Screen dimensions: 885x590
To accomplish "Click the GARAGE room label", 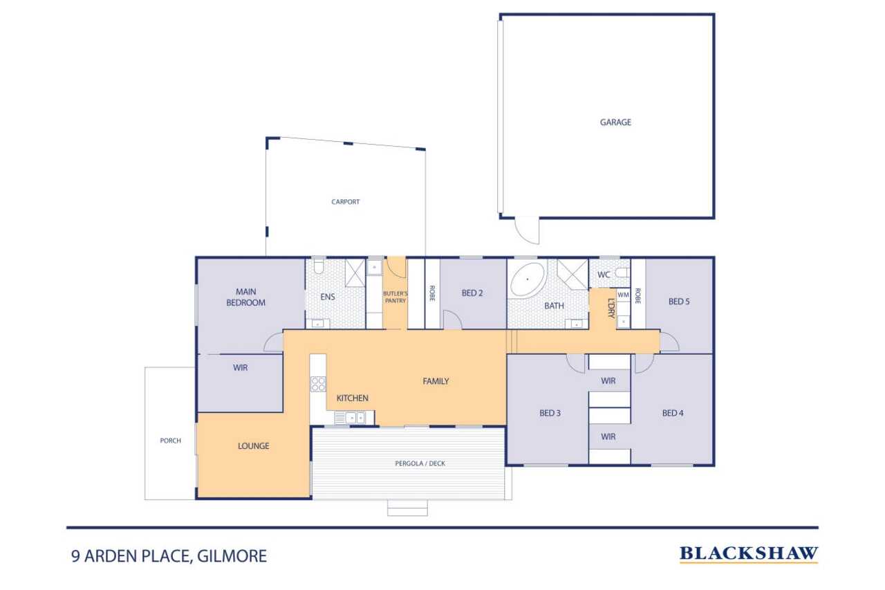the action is [x=615, y=122].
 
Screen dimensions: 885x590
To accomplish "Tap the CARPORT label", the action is [x=345, y=202].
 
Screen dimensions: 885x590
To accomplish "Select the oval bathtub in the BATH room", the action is [x=528, y=279].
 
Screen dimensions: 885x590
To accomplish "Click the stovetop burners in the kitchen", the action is [x=318, y=384].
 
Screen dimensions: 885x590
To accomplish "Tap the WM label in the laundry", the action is [x=623, y=295].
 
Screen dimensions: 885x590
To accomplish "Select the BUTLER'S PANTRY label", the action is [x=395, y=297].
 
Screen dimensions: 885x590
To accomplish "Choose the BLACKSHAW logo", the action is [x=749, y=554].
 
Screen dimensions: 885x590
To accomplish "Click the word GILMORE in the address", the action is [x=232, y=556].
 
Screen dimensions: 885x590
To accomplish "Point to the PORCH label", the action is [x=170, y=441].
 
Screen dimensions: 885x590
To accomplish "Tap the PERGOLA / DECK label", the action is [x=420, y=463].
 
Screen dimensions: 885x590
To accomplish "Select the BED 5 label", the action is [x=679, y=302].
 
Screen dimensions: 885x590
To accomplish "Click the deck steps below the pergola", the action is [x=407, y=508].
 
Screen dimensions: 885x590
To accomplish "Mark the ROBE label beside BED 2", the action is [x=432, y=293].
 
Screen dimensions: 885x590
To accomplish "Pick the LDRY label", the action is [x=612, y=308].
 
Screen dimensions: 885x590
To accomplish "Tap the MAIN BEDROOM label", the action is [x=245, y=297].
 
